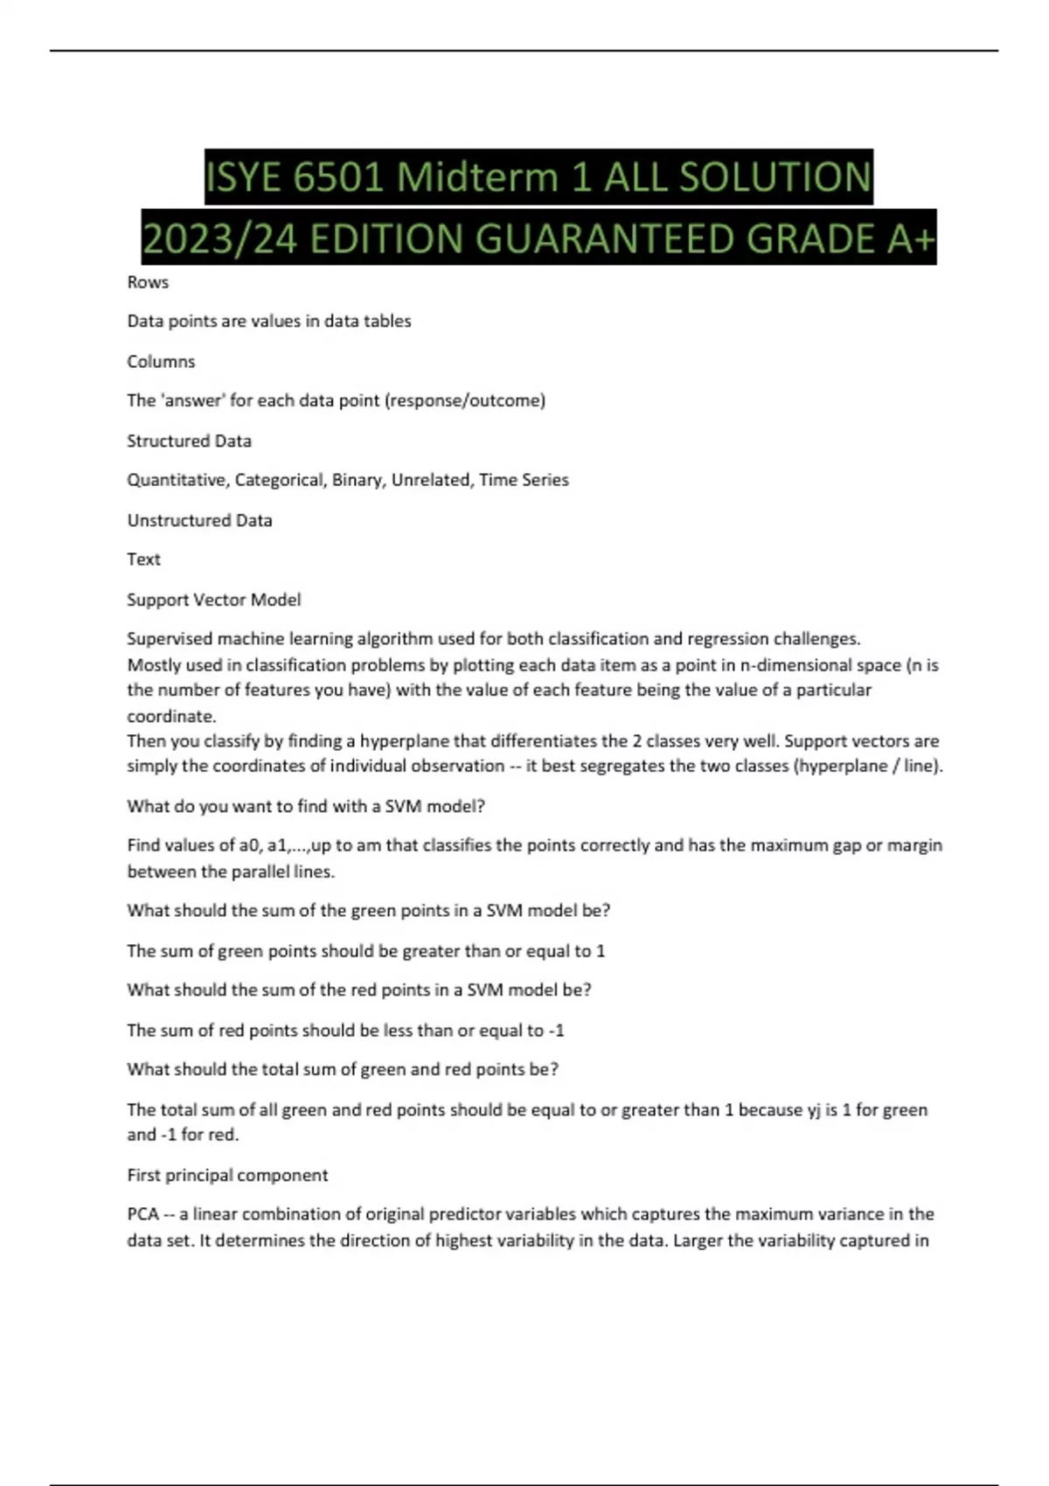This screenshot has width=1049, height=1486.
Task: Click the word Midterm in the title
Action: (x=476, y=177)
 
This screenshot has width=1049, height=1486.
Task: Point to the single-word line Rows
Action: (x=148, y=282)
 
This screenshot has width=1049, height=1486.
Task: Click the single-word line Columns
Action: (x=161, y=362)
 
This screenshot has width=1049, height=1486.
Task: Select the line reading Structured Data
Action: (x=189, y=441)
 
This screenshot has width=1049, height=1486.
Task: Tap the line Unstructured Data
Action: (x=199, y=521)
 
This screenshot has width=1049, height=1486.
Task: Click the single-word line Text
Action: (x=143, y=559)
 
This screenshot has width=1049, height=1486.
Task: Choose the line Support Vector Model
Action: (x=213, y=601)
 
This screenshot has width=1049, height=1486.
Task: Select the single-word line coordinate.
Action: (x=171, y=717)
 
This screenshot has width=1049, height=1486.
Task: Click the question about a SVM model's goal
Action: (x=306, y=807)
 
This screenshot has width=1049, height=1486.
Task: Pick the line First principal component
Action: (x=227, y=1176)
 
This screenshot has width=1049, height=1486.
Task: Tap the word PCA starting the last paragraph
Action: (x=142, y=1215)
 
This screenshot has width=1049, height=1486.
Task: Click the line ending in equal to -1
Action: (x=345, y=1031)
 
